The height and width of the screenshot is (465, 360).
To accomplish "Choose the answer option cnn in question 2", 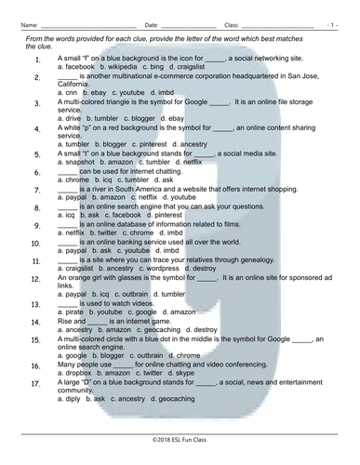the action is click(x=68, y=93).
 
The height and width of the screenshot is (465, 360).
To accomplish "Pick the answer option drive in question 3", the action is click(x=71, y=120).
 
